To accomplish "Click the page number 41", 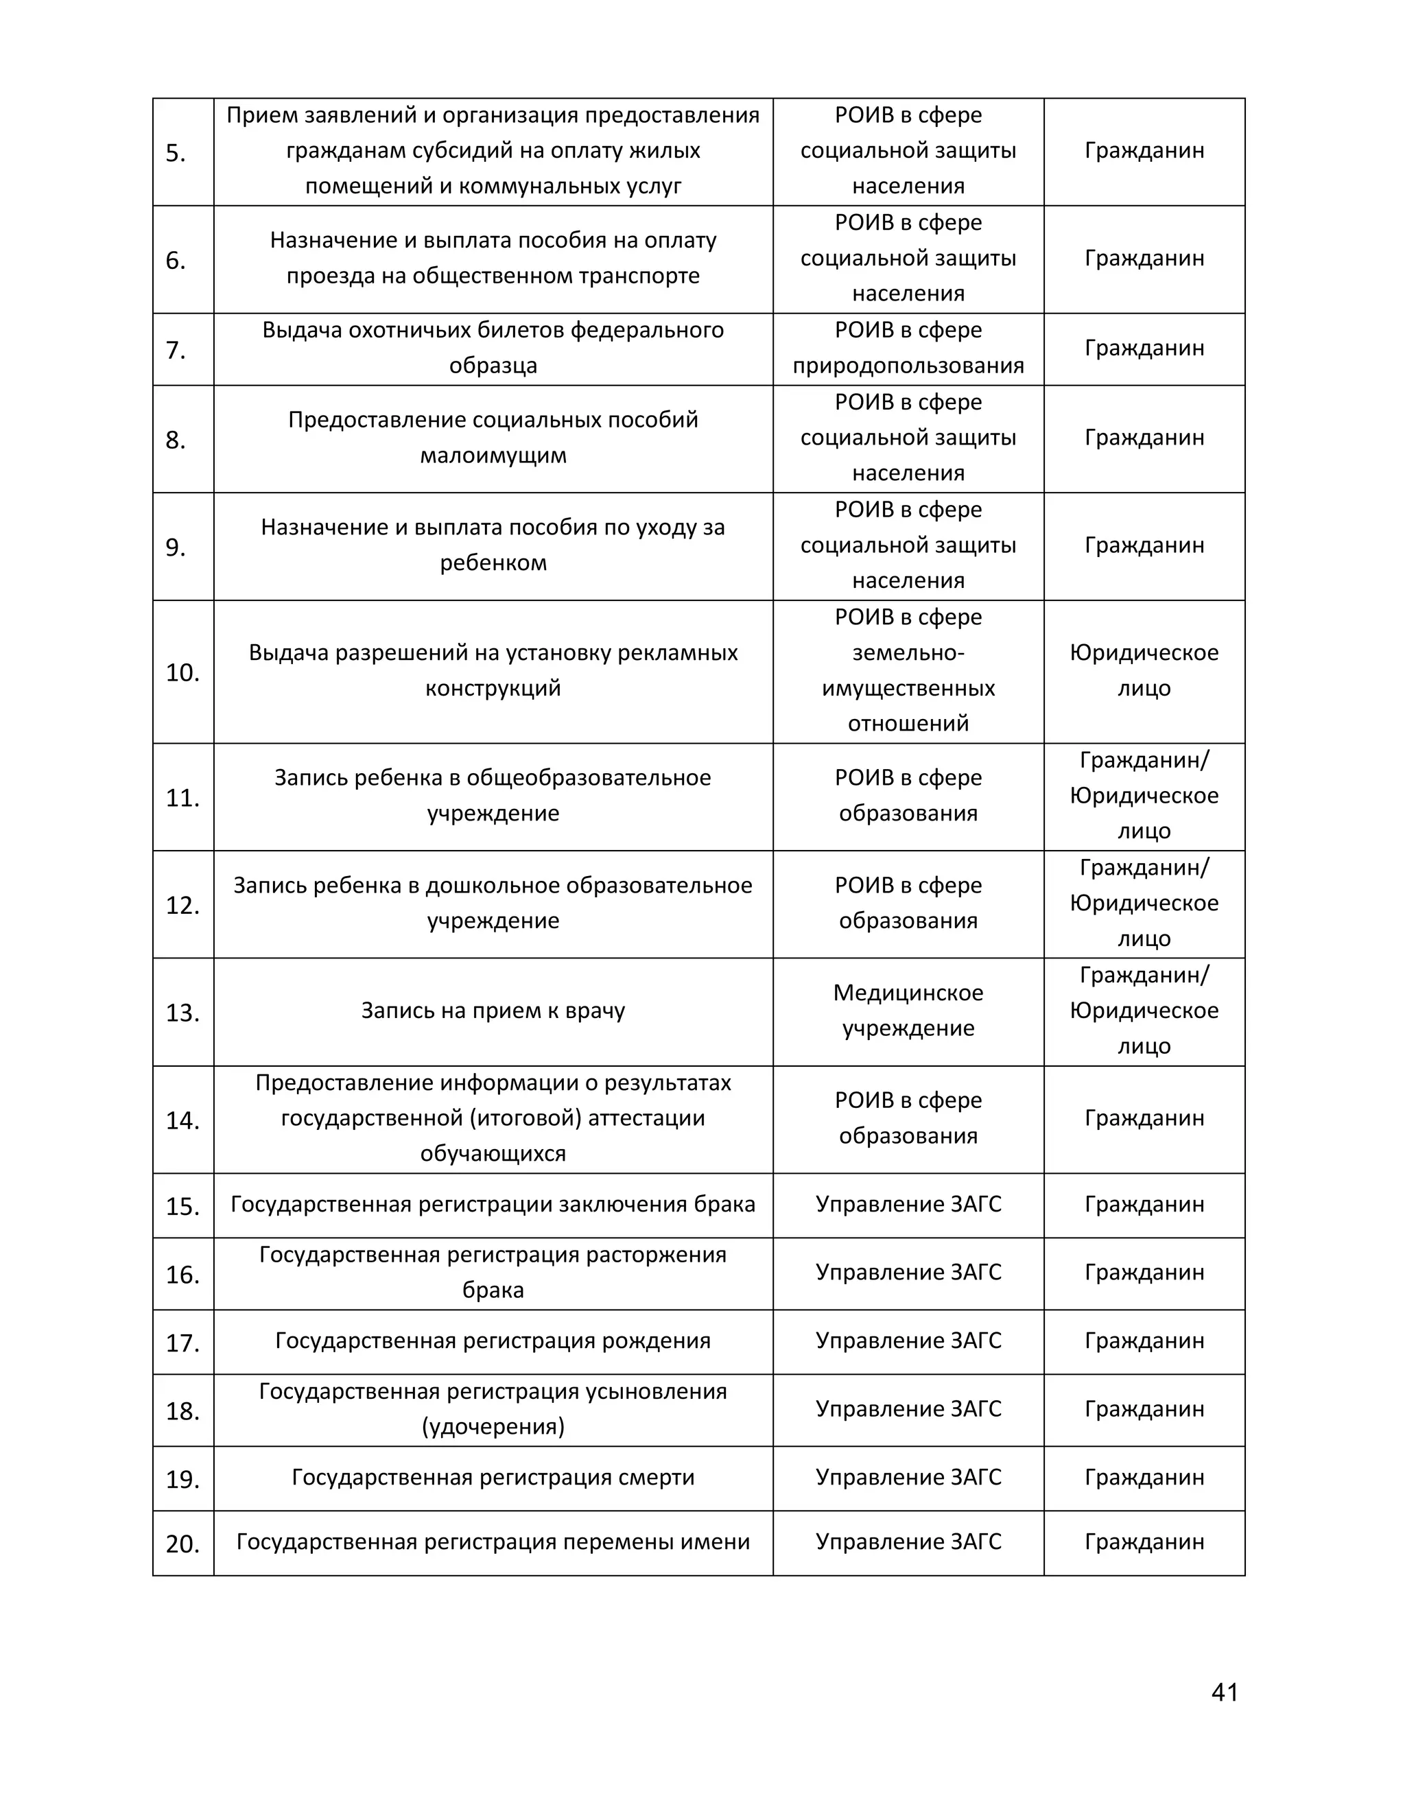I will pyautogui.click(x=1225, y=1692).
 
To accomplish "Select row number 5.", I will pyautogui.click(x=175, y=153).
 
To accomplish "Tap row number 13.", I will pyautogui.click(x=182, y=1013).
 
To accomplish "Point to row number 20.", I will pyautogui.click(x=182, y=1544).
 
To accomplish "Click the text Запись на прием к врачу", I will pyautogui.click(x=493, y=1011).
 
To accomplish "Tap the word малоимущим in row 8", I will pyautogui.click(x=493, y=456).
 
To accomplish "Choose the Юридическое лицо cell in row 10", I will pyautogui.click(x=1144, y=671).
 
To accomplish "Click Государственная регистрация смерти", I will pyautogui.click(x=493, y=1477).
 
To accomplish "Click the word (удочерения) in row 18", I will pyautogui.click(x=493, y=1427).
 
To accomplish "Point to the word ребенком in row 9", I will pyautogui.click(x=493, y=563).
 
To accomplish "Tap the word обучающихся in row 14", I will pyautogui.click(x=493, y=1154).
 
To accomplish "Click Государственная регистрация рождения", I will pyautogui.click(x=493, y=1341).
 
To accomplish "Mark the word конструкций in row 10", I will pyautogui.click(x=493, y=688).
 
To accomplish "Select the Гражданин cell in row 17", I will pyautogui.click(x=1144, y=1341).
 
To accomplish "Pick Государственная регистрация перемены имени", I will pyautogui.click(x=493, y=1542).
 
